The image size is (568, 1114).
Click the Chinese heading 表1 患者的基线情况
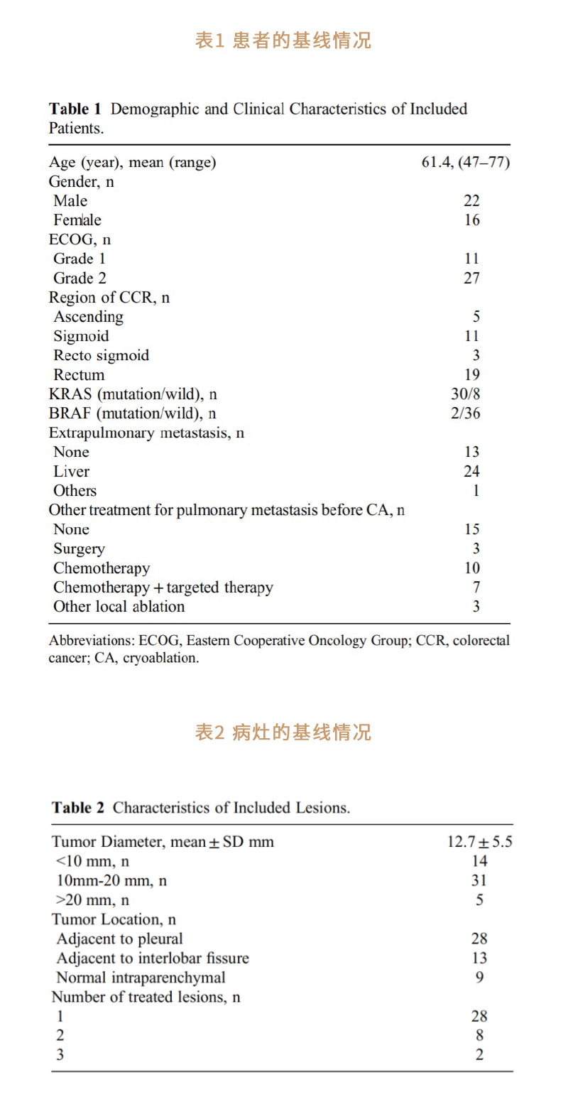click(283, 40)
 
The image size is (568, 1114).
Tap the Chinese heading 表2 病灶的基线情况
click(283, 732)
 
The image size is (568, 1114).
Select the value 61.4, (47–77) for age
click(465, 163)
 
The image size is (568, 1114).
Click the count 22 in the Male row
click(471, 201)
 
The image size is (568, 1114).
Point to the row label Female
click(77, 220)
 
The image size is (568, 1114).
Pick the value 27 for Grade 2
click(471, 278)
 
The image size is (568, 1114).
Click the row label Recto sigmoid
click(102, 355)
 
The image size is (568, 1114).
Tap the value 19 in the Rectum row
click(471, 375)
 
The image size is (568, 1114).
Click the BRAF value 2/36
click(465, 413)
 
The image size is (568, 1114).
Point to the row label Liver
click(72, 472)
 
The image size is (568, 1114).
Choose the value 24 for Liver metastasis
click(471, 472)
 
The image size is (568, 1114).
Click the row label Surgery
click(79, 549)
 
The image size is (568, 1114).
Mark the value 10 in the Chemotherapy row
click(471, 568)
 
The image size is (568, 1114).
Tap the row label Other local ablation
click(119, 607)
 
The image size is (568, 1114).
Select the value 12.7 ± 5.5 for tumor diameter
click(479, 842)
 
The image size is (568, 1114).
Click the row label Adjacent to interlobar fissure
click(153, 958)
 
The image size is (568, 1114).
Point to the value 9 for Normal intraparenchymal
click(479, 978)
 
